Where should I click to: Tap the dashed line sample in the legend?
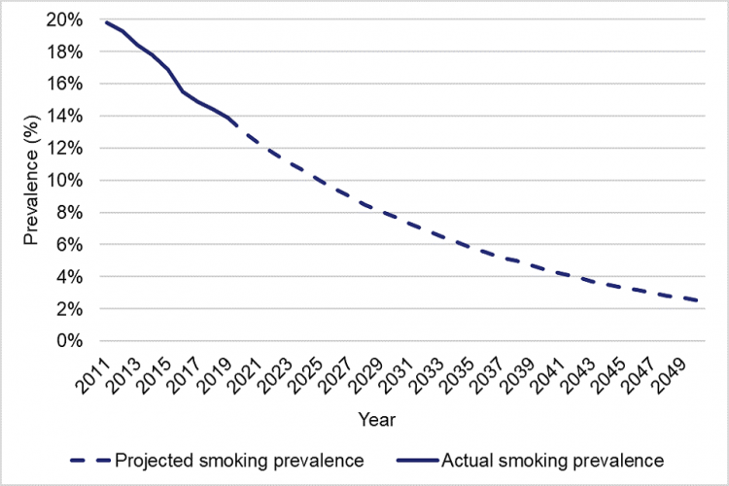[91, 458]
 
